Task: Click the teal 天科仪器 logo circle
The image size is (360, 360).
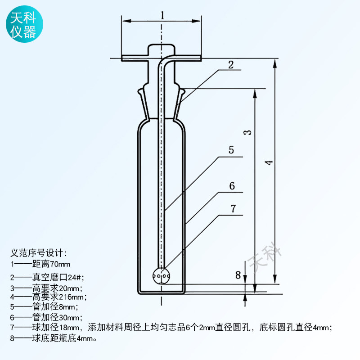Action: (24, 24)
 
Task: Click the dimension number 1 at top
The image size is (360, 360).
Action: (162, 15)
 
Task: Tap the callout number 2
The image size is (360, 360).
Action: (231, 65)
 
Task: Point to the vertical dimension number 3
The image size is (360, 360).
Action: (247, 132)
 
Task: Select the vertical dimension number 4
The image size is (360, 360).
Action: (269, 162)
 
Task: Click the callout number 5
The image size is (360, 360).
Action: (231, 150)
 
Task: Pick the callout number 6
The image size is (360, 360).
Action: (232, 186)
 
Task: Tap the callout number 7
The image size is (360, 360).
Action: (233, 209)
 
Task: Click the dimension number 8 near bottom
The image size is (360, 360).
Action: (238, 274)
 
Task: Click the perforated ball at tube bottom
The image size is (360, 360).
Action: (162, 276)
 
